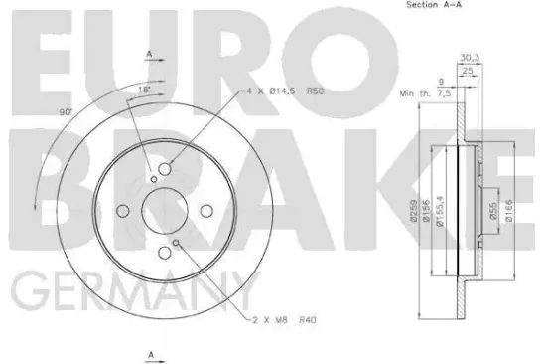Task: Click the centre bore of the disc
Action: (x=160, y=210)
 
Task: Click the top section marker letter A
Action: (x=148, y=53)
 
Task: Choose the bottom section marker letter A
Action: (x=149, y=354)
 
